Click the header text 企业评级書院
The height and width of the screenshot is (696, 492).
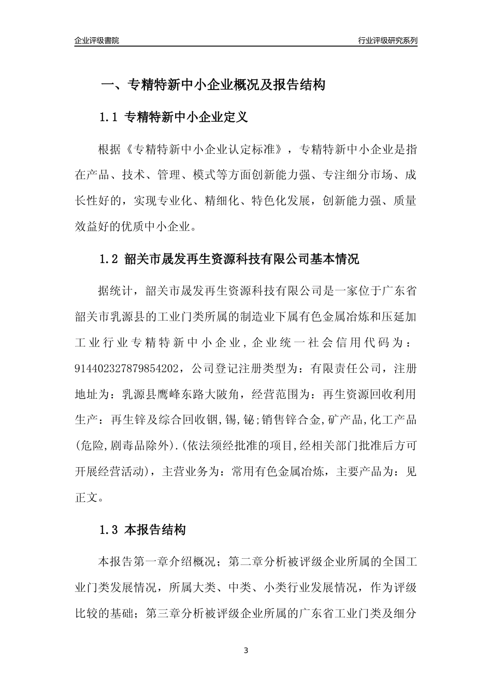click(97, 40)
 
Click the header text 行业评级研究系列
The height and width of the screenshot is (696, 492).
click(387, 40)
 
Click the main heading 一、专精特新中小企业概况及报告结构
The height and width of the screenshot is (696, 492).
click(213, 85)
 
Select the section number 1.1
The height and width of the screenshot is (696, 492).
click(109, 118)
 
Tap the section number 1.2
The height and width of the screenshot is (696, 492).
click(109, 259)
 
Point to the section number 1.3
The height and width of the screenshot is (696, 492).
click(109, 530)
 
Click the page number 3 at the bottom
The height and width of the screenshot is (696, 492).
click(246, 650)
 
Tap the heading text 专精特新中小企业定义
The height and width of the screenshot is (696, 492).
click(187, 118)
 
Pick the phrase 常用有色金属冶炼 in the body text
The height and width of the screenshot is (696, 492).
click(278, 472)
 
